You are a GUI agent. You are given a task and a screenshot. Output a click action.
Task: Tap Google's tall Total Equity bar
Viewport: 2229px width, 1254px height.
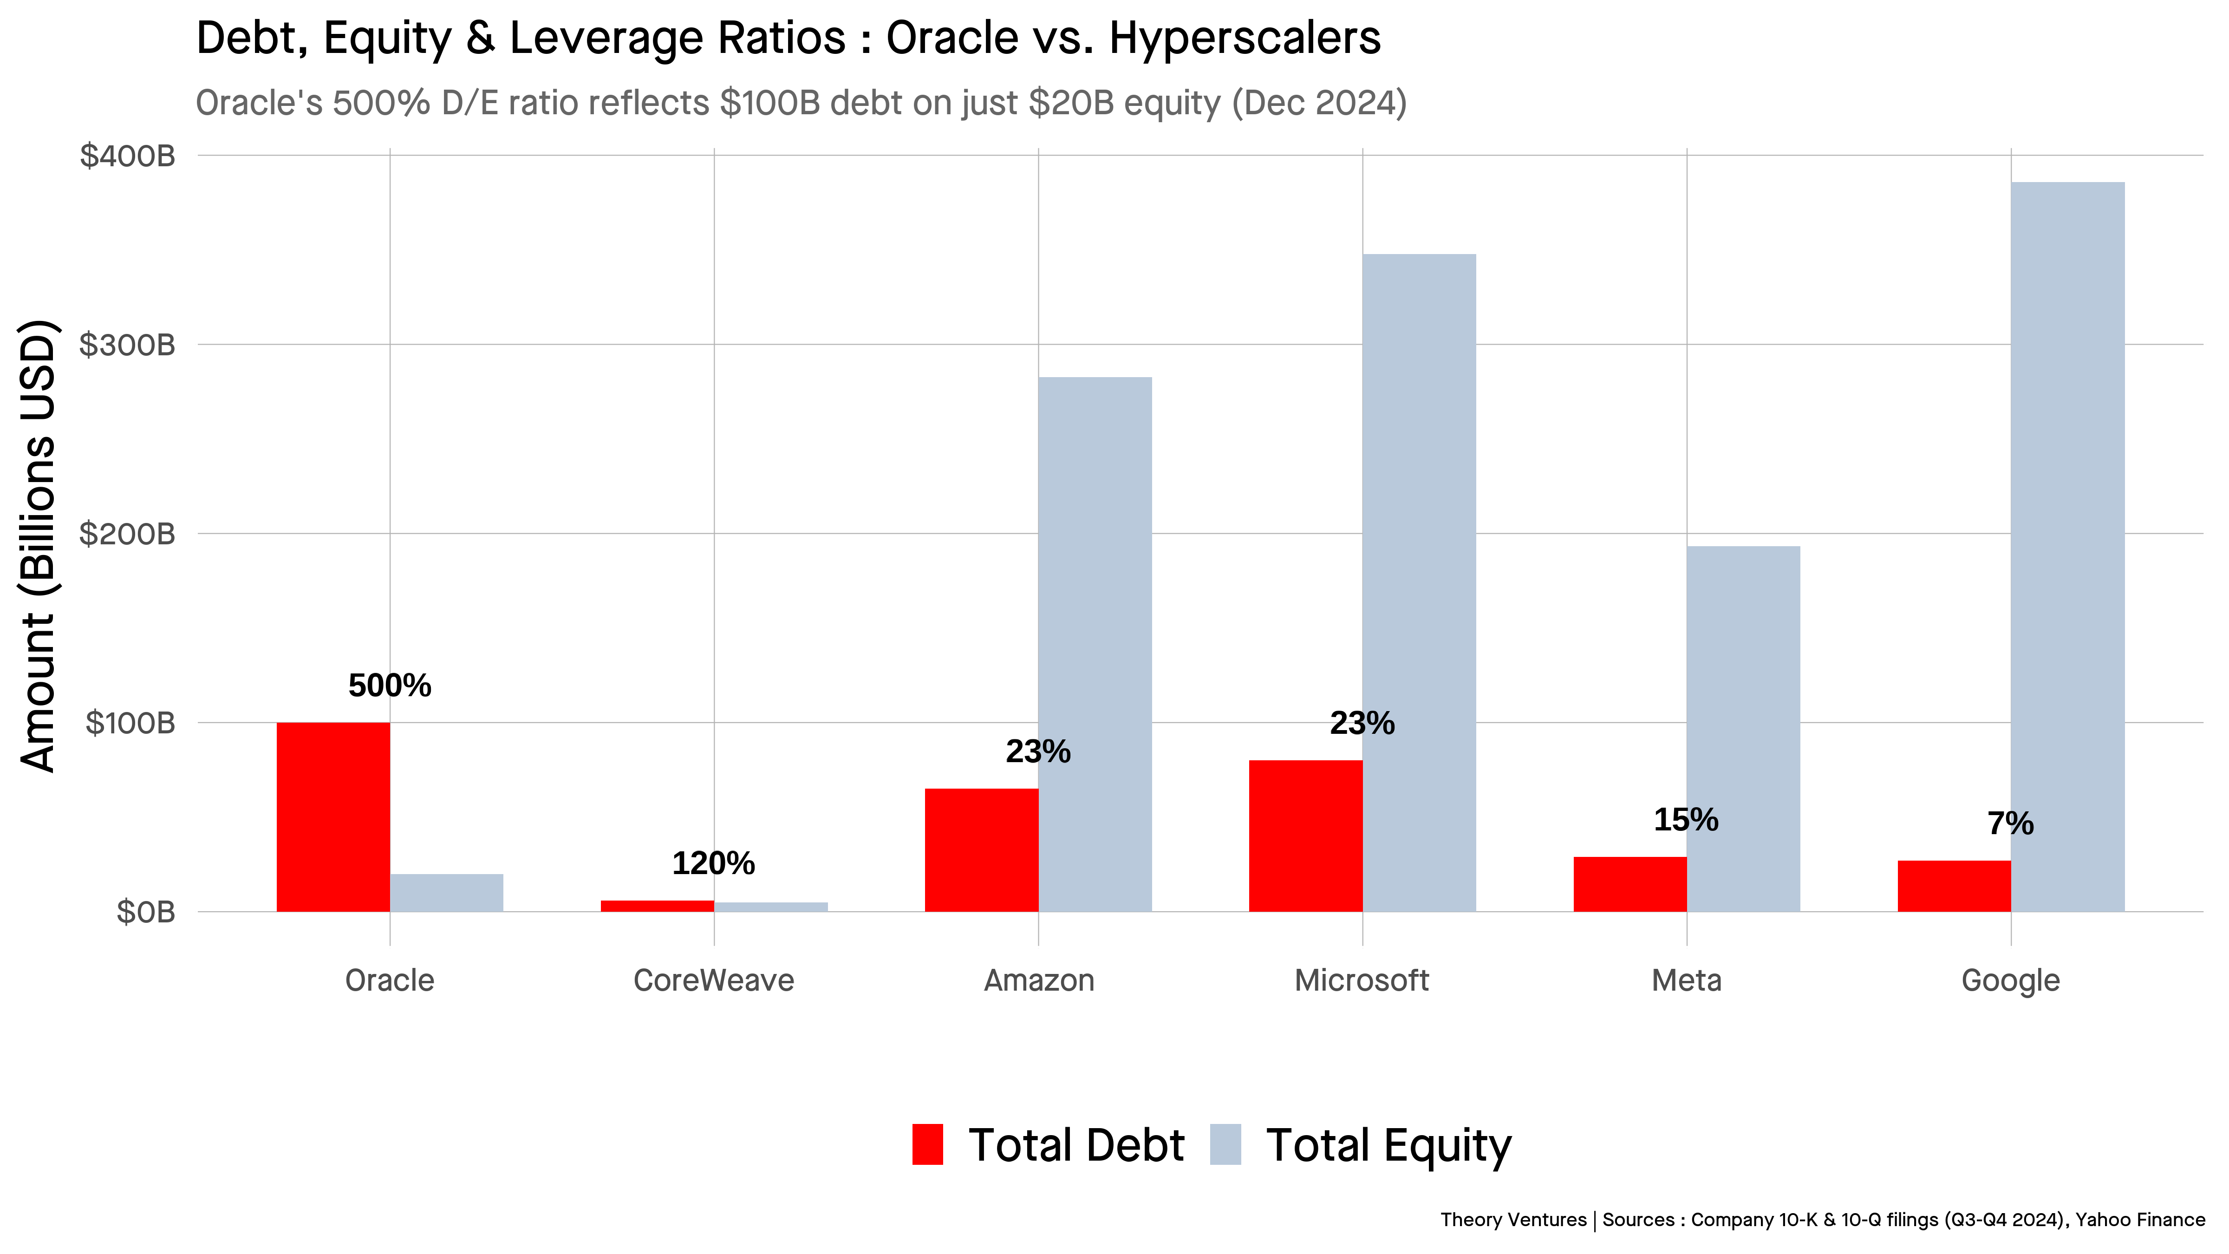click(x=2067, y=545)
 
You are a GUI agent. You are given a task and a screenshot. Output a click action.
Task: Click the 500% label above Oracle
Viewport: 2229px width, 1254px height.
click(x=390, y=686)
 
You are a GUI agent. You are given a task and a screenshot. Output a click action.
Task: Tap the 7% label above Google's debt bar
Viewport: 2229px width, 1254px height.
click(x=2010, y=823)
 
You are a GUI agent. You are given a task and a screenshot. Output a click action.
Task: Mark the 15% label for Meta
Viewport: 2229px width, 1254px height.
click(x=1686, y=820)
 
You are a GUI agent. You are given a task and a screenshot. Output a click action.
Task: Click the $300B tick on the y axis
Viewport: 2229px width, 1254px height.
click(x=127, y=345)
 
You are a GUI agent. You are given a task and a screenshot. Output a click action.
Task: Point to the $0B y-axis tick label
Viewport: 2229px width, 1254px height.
click(x=145, y=911)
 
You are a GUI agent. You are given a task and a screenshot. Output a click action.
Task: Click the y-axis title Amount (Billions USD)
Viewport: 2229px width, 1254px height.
click(x=38, y=545)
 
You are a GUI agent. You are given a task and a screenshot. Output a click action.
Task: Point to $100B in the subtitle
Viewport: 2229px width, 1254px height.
click(x=770, y=103)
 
